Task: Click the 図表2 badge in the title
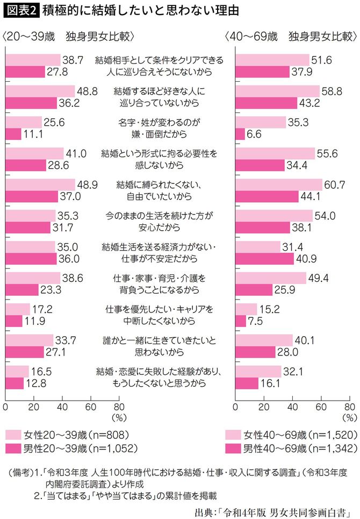pos(20,11)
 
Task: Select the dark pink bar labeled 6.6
pos(240,134)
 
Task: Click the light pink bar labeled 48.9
pos(40,185)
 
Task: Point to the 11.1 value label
pos(34,134)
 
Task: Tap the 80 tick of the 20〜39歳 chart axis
pos(119,407)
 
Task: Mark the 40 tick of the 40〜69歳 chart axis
pos(292,407)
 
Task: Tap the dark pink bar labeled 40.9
pos(264,258)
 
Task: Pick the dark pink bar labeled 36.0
pos(31,258)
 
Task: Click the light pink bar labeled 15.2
pos(246,309)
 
